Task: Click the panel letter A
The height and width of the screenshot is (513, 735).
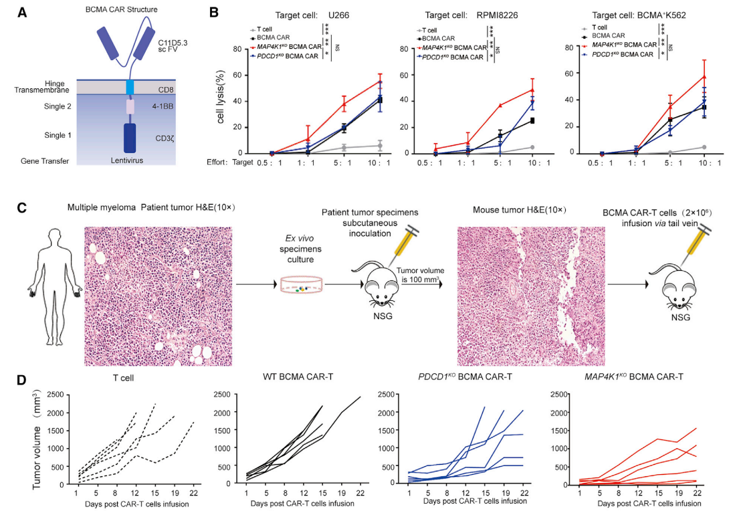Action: tap(21, 12)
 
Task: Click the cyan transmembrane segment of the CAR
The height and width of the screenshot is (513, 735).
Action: tap(130, 86)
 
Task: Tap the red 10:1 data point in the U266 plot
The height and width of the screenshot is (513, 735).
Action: tap(380, 82)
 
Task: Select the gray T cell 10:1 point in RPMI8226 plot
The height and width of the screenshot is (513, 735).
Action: tap(533, 147)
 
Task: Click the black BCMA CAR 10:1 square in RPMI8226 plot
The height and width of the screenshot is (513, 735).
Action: tap(533, 120)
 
